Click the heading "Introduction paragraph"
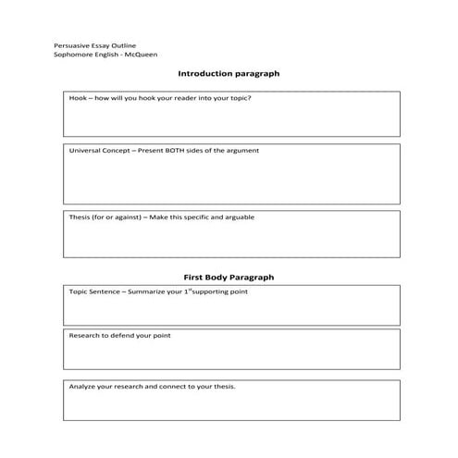tap(228, 73)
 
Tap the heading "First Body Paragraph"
tap(228, 277)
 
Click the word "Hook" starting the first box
tap(78, 98)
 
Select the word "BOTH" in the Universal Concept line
tap(177, 150)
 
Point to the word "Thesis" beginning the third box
tap(80, 217)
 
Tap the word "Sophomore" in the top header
tap(73, 55)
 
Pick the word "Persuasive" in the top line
tap(72, 44)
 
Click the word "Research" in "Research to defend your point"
tap(84, 336)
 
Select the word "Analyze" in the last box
tap(82, 386)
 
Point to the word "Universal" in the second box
tap(85, 150)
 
